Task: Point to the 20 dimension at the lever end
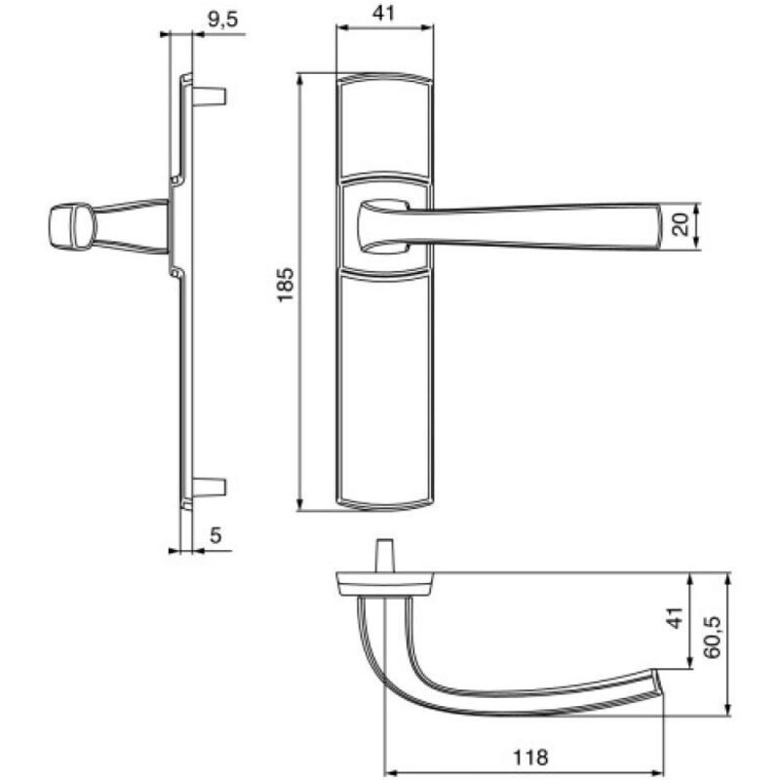click(x=683, y=226)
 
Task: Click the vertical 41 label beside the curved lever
click(x=673, y=622)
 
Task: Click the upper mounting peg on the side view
click(x=211, y=97)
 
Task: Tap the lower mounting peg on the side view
click(x=211, y=485)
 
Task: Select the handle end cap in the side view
click(x=64, y=225)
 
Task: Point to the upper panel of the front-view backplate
click(x=384, y=127)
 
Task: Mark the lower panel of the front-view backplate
click(x=384, y=390)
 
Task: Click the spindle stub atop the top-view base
click(x=384, y=556)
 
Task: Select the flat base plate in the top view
click(x=384, y=583)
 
